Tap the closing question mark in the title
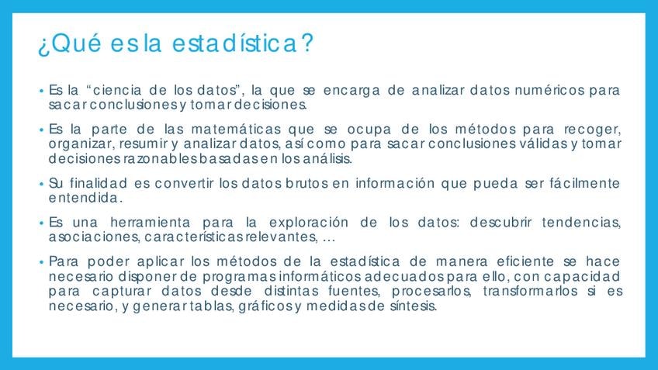click(307, 43)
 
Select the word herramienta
click(151, 223)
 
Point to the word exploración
click(309, 223)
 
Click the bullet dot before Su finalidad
click(41, 184)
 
